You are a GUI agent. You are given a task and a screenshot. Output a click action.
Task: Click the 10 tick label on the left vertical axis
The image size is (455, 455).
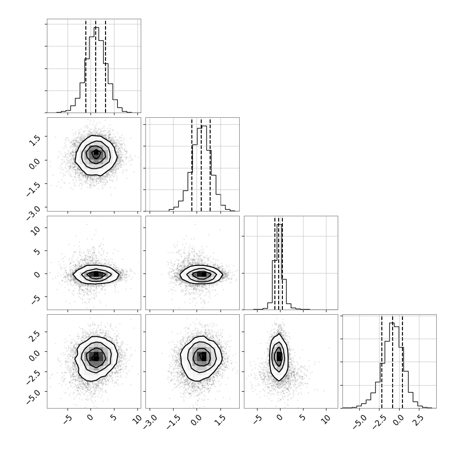(35, 230)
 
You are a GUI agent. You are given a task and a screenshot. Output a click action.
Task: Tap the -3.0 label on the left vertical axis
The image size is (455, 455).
(33, 212)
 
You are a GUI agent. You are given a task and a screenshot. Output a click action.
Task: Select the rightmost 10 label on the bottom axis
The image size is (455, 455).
(326, 419)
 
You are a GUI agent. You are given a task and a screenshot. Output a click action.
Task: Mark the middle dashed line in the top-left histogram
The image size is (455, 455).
(96, 66)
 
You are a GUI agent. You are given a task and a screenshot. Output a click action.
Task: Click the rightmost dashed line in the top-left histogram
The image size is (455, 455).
(106, 66)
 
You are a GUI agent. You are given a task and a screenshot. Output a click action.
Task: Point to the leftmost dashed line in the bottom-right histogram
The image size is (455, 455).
(381, 362)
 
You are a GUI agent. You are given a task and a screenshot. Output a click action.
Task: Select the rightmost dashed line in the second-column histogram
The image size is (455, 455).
(210, 165)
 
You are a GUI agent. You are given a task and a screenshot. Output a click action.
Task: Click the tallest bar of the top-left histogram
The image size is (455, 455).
(96, 69)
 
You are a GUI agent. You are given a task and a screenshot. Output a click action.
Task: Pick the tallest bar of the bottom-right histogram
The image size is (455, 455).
(392, 365)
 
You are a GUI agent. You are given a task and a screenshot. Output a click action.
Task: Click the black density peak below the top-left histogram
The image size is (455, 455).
(96, 152)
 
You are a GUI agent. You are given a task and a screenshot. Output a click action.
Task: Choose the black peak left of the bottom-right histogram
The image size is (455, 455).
(279, 357)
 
